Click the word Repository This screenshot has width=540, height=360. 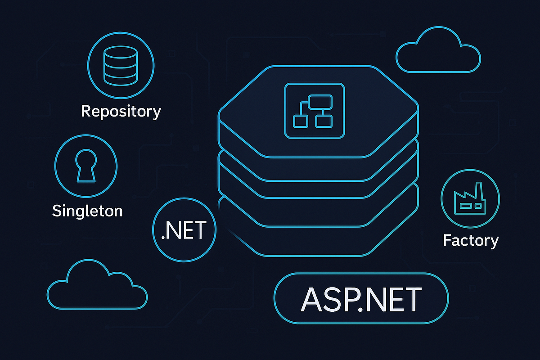121,111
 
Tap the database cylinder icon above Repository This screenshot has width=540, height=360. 120,65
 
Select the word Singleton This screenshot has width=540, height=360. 87,211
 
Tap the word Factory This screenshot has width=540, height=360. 471,240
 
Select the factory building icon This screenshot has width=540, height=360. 470,199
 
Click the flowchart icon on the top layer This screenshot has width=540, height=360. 315,110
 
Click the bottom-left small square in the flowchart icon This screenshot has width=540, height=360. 300,121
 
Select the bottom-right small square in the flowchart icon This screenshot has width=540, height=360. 323,121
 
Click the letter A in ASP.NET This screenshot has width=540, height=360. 310,299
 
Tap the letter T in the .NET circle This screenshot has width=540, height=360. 202,230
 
